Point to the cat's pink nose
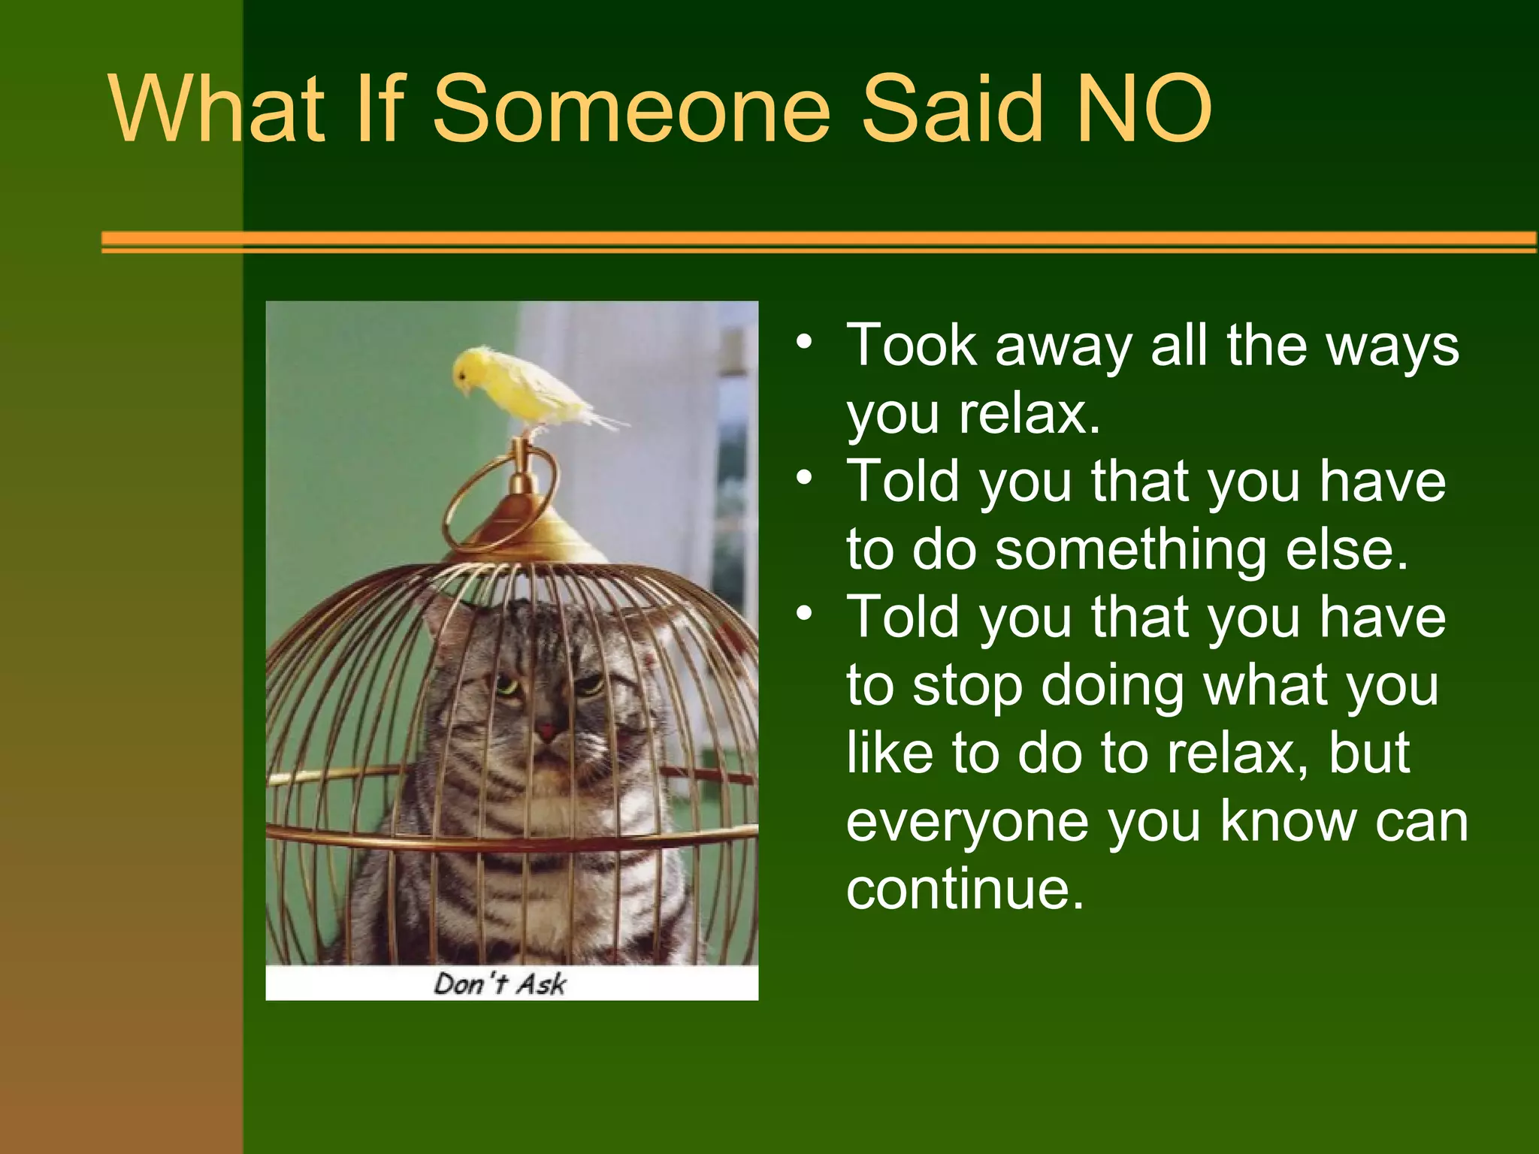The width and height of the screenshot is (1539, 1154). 546,730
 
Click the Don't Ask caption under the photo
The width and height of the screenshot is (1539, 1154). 500,983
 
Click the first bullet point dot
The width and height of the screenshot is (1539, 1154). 805,343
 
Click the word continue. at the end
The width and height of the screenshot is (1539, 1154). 966,890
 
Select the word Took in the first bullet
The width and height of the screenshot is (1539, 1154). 912,346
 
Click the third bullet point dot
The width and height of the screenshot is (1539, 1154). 805,614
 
